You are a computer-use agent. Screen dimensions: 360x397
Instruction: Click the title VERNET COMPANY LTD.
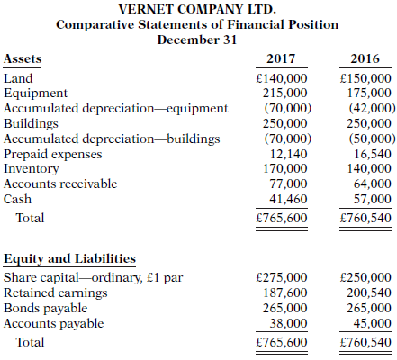coord(198,8)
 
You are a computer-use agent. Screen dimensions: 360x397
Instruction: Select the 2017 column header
coord(282,58)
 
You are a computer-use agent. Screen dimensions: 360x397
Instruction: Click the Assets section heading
coord(23,58)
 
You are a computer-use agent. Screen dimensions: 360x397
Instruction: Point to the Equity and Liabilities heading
coord(70,259)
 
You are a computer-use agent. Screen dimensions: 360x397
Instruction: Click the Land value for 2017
coord(283,78)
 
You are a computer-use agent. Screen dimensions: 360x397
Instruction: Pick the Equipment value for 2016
coord(369,92)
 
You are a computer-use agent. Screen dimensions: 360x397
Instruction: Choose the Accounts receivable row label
coord(60,183)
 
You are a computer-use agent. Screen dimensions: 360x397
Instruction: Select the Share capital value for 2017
coord(283,277)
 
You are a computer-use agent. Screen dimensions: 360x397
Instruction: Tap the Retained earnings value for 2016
coord(369,292)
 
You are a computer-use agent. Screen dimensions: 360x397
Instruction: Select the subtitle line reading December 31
coord(198,40)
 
